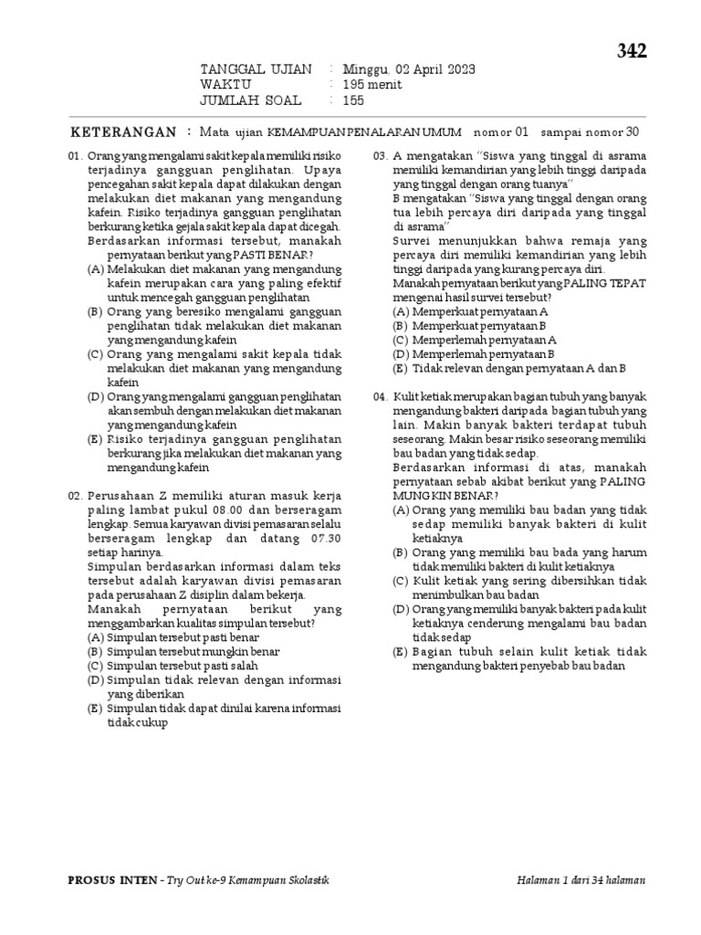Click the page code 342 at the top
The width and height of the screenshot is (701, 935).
pyautogui.click(x=631, y=52)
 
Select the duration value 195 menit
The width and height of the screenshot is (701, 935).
pyautogui.click(x=371, y=85)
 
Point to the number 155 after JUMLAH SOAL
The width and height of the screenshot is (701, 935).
pyautogui.click(x=353, y=100)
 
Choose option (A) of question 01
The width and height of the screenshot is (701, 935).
pyautogui.click(x=95, y=269)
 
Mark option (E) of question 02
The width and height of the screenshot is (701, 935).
pyautogui.click(x=95, y=708)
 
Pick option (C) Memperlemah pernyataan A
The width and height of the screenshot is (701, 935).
pyautogui.click(x=401, y=340)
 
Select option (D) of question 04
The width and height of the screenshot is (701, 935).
pyautogui.click(x=401, y=609)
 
